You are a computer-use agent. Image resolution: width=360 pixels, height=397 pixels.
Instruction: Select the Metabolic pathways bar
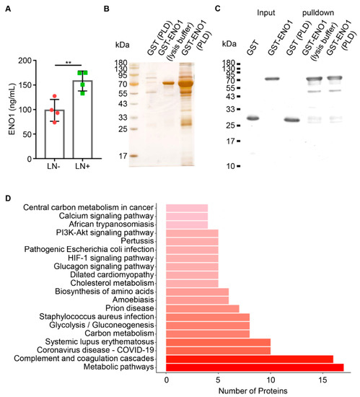255,367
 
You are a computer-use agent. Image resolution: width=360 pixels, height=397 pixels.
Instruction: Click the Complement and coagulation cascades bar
250,357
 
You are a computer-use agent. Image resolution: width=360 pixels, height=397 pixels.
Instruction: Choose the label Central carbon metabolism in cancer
89,208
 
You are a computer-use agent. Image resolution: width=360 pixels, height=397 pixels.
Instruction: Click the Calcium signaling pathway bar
187,217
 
